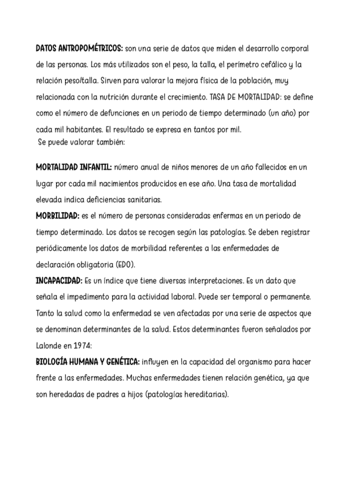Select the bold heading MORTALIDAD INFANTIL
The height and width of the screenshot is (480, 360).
(74, 168)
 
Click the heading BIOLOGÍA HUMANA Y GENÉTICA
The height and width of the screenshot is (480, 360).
(87, 361)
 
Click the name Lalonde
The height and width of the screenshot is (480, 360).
(49, 344)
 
